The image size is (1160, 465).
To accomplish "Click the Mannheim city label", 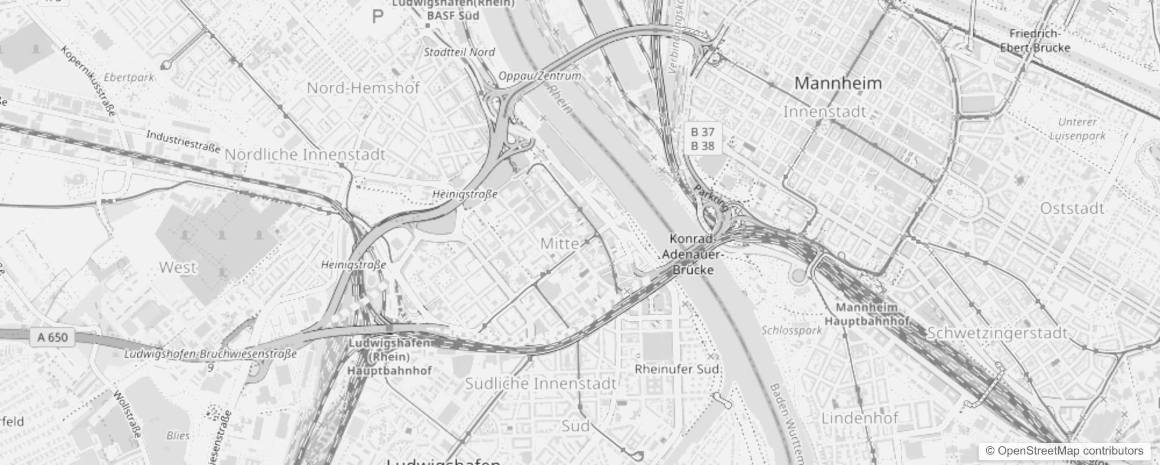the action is pos(838,83).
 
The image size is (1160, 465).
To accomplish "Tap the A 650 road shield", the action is pos(52,337).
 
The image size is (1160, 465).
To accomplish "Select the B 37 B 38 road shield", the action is pos(702,138).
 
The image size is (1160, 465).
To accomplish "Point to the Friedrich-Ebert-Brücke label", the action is pos(1035,41).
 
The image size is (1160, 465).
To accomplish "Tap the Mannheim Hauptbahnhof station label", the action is pos(867,314).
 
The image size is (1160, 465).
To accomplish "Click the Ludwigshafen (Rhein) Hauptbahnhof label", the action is pos(390,356).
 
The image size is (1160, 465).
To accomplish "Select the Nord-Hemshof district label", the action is pos(363,88).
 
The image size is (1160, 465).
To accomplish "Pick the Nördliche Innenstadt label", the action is pos(305,155).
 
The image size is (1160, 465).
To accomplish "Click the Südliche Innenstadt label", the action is pos(540,384).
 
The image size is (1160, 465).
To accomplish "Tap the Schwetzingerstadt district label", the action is pos(997,333).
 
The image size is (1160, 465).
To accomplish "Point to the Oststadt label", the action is pos(1072,208).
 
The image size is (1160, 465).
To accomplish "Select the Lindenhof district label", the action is pos(860,417).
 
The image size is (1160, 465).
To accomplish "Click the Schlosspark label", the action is pos(792,330).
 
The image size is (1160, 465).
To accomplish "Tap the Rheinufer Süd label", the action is pos(677,369).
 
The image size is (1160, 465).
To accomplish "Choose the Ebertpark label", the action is pos(129,77).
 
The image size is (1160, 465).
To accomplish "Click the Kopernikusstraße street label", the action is pos(89,81).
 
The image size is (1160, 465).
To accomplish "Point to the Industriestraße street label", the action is pos(183,142).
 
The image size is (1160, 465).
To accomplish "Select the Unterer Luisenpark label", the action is pos(1077,129).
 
